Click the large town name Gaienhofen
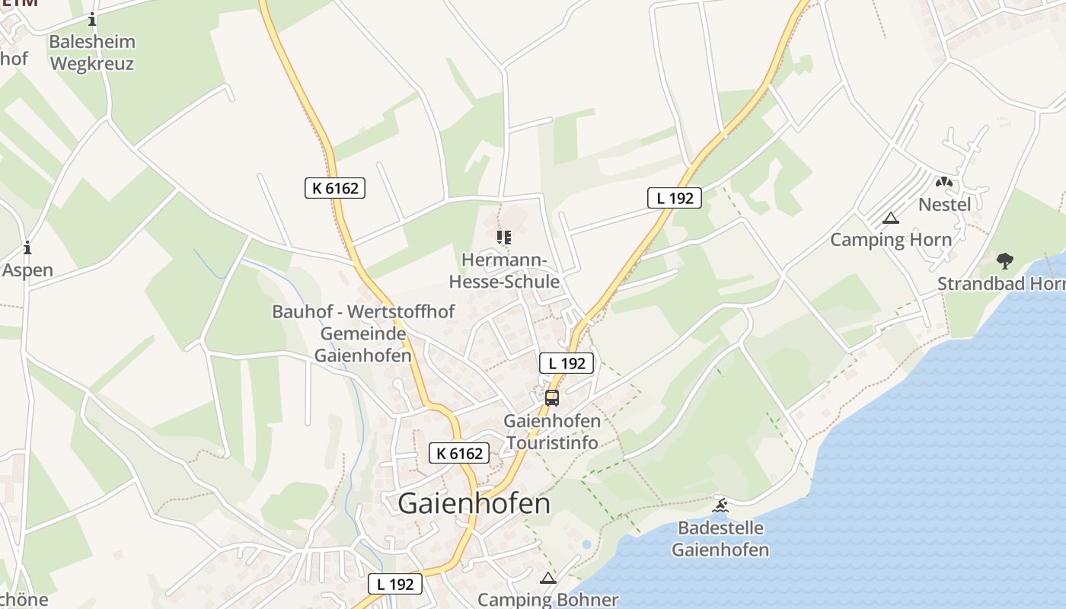474,503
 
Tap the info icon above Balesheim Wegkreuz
92,19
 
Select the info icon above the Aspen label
27,247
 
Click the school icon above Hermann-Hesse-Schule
503,238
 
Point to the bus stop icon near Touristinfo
552,397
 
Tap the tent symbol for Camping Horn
890,218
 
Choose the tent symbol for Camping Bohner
547,579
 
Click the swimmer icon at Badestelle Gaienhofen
720,505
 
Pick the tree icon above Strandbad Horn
1005,261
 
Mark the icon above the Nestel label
944,183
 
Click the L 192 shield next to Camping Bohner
395,584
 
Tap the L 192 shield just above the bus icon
567,363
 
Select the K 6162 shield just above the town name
459,453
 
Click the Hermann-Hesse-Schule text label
504,271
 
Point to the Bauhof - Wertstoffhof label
363,311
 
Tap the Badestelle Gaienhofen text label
720,539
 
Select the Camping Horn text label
890,240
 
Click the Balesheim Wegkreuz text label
92,53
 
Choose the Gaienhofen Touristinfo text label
552,432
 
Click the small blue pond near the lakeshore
586,544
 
